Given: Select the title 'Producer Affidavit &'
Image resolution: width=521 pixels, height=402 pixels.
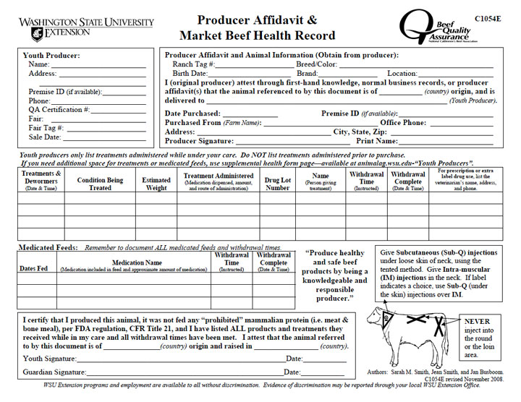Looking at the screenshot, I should [x=258, y=21].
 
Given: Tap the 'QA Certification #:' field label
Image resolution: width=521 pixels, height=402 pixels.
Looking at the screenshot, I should [x=59, y=110].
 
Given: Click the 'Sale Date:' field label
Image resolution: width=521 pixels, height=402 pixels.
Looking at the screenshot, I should [x=45, y=137].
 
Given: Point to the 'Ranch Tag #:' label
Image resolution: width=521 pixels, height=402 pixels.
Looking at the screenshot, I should [x=193, y=64].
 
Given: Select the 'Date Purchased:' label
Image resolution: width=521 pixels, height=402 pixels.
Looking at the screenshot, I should [x=192, y=114].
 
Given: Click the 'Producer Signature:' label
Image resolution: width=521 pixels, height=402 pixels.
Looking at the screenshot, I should [x=200, y=141].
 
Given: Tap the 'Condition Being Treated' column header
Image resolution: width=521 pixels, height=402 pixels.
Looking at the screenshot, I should [x=100, y=184].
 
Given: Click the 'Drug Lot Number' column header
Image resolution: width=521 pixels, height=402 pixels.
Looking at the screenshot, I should [x=277, y=184].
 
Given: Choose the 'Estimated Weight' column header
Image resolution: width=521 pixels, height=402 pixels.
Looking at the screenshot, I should [x=156, y=184].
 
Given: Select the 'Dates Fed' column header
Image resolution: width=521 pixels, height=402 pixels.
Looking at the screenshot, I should [x=33, y=268].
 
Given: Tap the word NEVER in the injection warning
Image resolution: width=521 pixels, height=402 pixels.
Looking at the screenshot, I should [x=477, y=322].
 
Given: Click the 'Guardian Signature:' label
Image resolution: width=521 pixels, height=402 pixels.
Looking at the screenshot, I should [x=54, y=372].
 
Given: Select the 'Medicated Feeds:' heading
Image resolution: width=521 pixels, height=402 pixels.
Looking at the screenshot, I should [x=47, y=247].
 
